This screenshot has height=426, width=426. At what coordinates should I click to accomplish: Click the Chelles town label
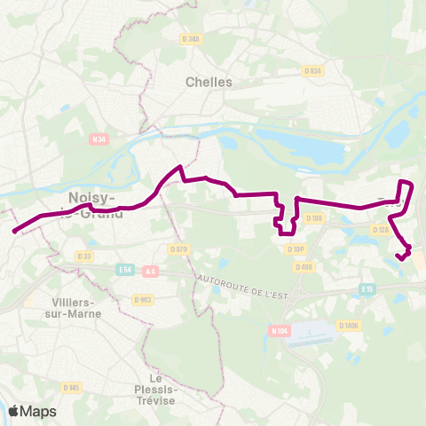[209, 82]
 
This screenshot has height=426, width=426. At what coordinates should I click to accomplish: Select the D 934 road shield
[312, 71]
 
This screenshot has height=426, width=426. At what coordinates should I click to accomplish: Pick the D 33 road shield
[84, 256]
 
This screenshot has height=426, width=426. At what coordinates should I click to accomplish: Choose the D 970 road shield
[178, 249]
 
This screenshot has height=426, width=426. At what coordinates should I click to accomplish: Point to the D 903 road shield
[144, 299]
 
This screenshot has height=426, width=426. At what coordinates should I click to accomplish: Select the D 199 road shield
[314, 217]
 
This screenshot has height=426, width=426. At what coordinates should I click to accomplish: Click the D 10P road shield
[296, 249]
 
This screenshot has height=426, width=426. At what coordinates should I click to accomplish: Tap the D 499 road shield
[304, 266]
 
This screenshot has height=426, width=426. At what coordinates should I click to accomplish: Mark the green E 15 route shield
[367, 289]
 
